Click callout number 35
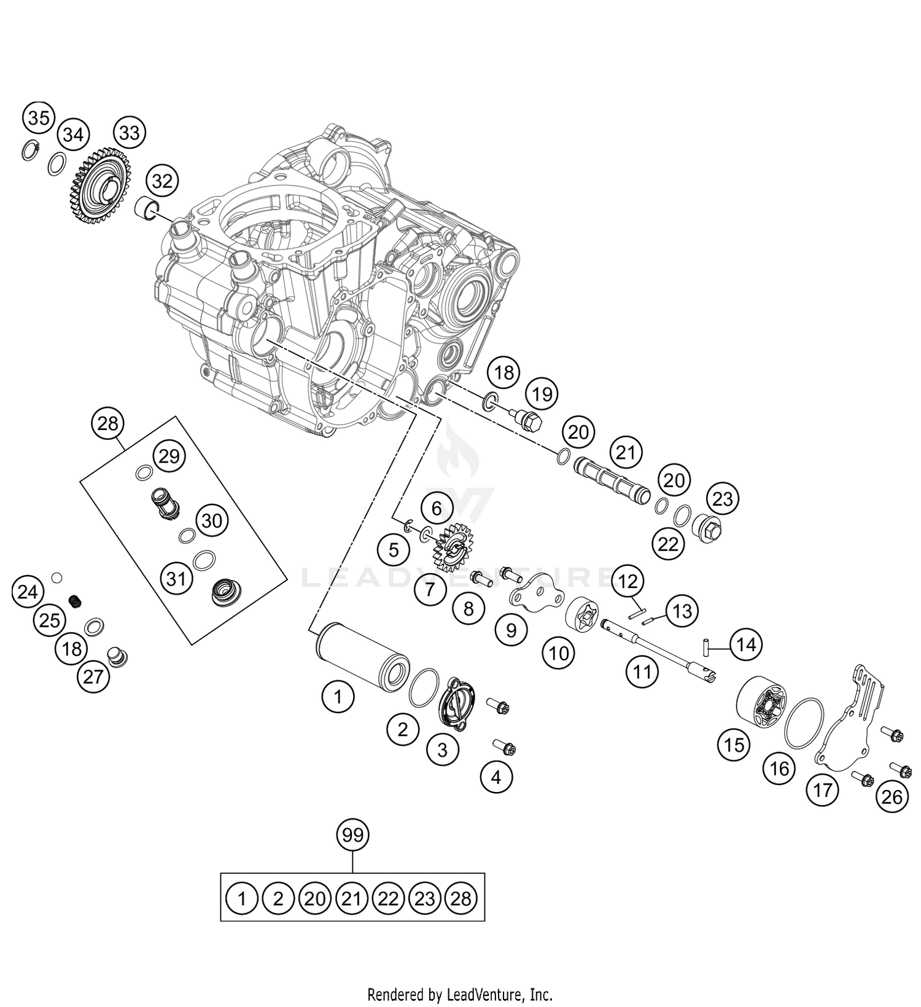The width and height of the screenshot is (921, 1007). point(38,117)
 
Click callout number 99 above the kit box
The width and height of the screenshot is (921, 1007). point(353,834)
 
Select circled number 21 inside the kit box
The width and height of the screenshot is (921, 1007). point(351,899)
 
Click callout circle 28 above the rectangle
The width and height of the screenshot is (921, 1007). point(107,423)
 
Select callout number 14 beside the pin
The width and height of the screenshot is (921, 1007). point(745,645)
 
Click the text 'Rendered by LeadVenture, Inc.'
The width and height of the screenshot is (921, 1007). point(460,993)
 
